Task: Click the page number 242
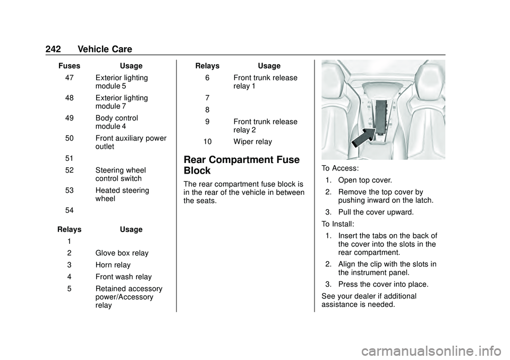pos(53,49)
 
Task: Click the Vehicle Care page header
pos(105,49)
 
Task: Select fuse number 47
pos(69,78)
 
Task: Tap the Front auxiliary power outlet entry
pos(131,142)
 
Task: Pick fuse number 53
pos(69,190)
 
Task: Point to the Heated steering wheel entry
pos(122,194)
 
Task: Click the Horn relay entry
pos(113,265)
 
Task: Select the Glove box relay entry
pos(122,253)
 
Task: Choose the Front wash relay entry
pos(124,277)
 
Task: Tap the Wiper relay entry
pos(253,142)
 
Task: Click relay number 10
pos(208,142)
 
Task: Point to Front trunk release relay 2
pos(266,125)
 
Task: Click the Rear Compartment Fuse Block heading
pos(242,165)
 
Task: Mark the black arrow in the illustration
pos(363,138)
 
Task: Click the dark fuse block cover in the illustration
pos(381,117)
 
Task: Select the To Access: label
pos(340,168)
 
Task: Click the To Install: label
pos(338,224)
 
